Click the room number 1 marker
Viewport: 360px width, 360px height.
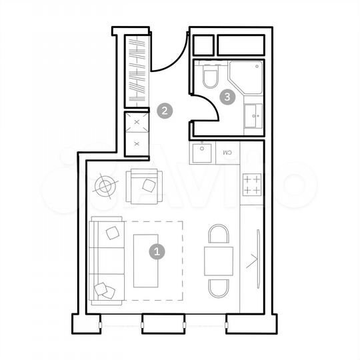click(157, 252)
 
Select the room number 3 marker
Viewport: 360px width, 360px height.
click(229, 97)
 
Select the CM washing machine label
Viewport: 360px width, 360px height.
click(227, 153)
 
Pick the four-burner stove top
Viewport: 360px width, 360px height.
click(252, 184)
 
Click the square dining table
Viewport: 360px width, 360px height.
click(218, 261)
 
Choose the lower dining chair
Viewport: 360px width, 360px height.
click(218, 288)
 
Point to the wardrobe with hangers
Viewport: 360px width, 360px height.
click(137, 70)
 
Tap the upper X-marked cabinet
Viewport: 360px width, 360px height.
click(137, 123)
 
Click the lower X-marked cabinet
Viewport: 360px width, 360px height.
click(137, 143)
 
